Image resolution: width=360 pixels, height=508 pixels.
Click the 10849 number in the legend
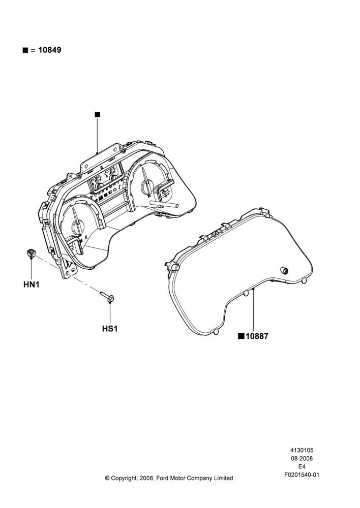click(50, 50)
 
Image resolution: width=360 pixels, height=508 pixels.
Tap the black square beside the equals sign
click(25, 50)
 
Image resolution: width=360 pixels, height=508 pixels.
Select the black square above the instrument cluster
click(98, 114)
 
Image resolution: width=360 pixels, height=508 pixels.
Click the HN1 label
click(32, 285)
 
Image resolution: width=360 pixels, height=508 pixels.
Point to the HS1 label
click(110, 329)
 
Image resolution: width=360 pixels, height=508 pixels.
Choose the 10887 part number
click(257, 336)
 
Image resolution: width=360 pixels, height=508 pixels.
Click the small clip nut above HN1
click(31, 253)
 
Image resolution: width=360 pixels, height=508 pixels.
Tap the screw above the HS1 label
click(106, 297)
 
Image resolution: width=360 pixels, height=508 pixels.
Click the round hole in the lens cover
click(284, 271)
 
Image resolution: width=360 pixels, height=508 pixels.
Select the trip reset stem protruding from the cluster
click(164, 204)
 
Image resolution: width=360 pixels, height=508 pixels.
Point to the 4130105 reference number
click(302, 450)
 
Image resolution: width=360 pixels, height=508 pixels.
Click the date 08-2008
click(302, 458)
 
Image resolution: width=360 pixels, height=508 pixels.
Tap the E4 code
click(302, 467)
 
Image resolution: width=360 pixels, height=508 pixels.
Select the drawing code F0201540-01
click(302, 475)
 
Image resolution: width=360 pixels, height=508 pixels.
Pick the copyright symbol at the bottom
click(107, 478)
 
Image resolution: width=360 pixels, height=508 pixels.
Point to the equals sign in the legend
click(33, 50)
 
